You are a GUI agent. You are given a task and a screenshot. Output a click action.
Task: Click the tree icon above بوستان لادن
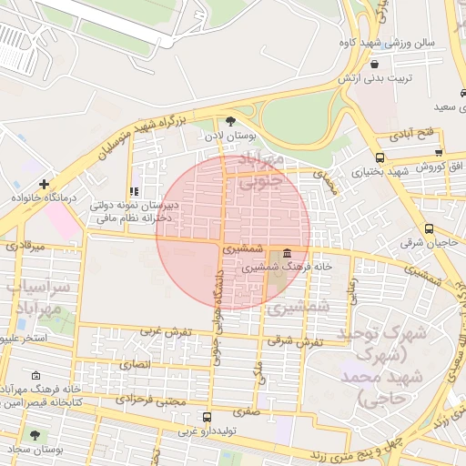tap(230, 120)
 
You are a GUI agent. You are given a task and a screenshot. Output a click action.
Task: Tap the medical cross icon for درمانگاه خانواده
tap(43, 184)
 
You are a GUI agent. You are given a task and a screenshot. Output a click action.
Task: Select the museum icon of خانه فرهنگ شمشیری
tap(287, 253)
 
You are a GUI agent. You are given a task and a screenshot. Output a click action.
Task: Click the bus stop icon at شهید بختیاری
tap(379, 156)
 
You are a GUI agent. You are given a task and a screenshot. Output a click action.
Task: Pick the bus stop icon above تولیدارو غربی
tap(207, 417)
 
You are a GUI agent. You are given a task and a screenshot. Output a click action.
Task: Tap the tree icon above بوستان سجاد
tap(35, 436)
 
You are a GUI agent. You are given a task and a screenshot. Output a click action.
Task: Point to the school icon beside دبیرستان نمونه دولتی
tap(134, 192)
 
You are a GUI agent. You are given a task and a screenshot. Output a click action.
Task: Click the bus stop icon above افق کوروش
tap(440, 153)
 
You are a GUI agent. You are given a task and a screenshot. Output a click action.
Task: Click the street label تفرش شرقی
tap(296, 340)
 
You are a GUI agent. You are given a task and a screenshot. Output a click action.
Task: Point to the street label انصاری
tap(137, 364)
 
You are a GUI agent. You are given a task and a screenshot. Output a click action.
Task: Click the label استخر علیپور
tap(27, 338)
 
